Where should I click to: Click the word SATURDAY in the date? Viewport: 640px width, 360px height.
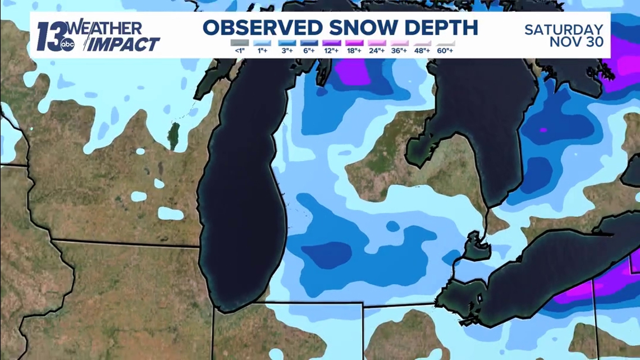click(564, 30)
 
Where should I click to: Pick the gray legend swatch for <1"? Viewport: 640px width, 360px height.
click(239, 43)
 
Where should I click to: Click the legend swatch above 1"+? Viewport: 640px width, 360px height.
click(262, 43)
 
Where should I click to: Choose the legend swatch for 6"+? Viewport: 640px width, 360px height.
click(308, 43)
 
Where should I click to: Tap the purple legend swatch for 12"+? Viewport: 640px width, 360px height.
click(331, 43)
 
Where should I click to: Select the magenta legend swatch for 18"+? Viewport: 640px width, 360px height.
click(354, 43)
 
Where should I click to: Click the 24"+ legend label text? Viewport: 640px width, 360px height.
click(377, 51)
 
